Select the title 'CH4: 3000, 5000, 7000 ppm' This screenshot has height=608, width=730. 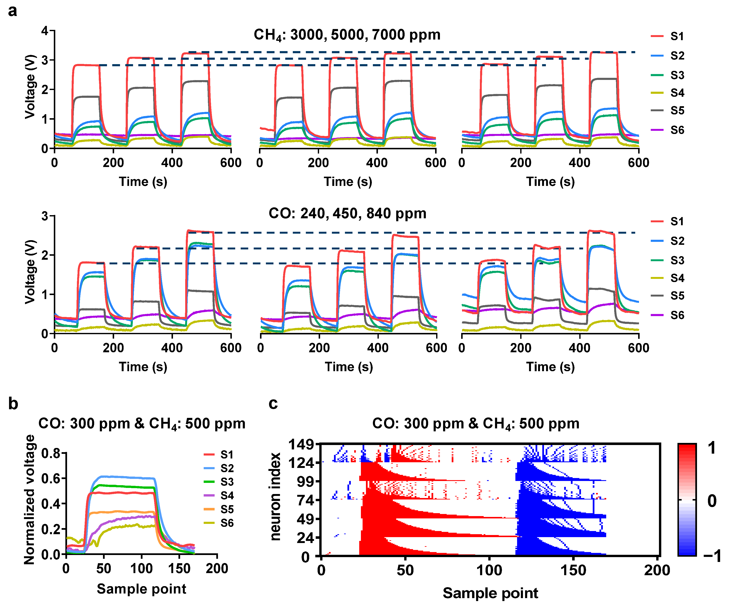347,35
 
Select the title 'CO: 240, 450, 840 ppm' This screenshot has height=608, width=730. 347,213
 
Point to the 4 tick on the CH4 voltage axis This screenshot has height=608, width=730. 45,31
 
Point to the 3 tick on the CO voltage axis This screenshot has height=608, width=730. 45,216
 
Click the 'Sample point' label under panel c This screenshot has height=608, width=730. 490,593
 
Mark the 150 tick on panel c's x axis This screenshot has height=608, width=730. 573,570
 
